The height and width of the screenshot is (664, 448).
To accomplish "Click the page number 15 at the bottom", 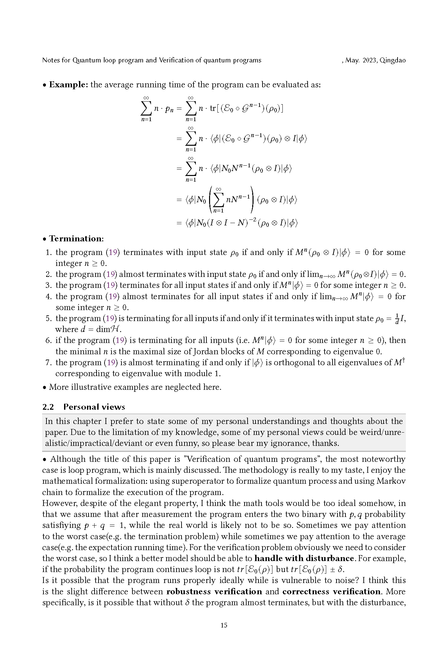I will (x=224, y=625).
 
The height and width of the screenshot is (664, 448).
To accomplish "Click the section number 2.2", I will (x=48, y=407).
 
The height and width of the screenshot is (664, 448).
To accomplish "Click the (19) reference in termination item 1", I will (x=113, y=252).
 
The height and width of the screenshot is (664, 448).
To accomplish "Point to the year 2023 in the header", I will (x=369, y=60).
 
